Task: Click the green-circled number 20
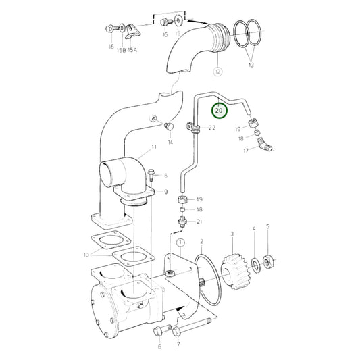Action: [218, 109]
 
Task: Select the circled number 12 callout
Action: [217, 70]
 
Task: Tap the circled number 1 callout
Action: [180, 241]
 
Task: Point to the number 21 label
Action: [199, 222]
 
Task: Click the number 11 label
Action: [154, 147]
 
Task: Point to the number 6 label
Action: [160, 347]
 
